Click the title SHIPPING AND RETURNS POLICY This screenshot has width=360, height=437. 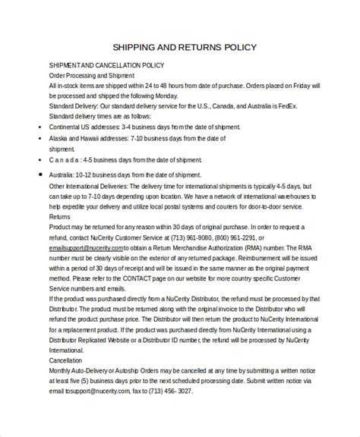(x=179, y=46)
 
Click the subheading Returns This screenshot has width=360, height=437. (x=59, y=216)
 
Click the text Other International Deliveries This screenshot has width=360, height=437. (x=92, y=186)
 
